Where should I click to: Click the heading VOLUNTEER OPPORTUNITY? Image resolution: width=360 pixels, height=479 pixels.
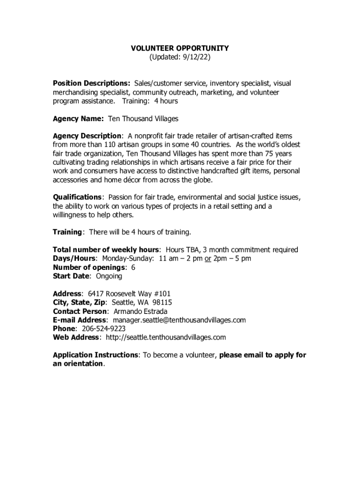180,48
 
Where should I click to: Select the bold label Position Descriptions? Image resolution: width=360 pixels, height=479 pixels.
91,83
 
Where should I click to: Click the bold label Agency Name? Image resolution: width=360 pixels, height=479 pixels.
78,119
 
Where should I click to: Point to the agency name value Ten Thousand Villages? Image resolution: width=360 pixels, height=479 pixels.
143,119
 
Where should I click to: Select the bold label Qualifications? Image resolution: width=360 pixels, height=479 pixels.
77,197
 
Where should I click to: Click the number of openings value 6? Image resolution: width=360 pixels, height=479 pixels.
133,268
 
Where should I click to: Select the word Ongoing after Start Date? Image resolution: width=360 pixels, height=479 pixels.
109,276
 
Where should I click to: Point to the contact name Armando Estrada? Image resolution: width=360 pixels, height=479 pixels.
140,312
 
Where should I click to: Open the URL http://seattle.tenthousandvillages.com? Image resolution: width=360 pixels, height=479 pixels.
166,338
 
